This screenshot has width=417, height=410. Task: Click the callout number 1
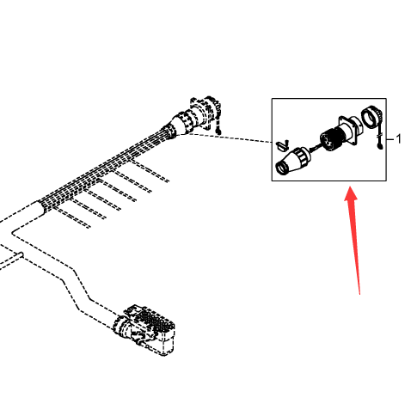click(398, 139)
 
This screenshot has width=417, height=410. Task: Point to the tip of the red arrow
click(350, 187)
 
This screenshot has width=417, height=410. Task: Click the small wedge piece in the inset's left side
click(282, 145)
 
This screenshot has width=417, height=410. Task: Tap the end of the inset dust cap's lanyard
click(380, 147)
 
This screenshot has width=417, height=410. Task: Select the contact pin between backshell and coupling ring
click(315, 148)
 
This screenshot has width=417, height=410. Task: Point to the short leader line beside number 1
click(390, 139)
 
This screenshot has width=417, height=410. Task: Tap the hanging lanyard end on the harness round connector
click(218, 132)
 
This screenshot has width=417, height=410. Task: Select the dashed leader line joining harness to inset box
click(226, 138)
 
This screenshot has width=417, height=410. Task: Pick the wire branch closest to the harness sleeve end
click(72, 217)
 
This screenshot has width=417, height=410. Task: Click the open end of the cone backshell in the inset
click(281, 168)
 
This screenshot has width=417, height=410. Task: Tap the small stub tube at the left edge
click(11, 260)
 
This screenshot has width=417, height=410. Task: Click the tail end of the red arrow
click(359, 293)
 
